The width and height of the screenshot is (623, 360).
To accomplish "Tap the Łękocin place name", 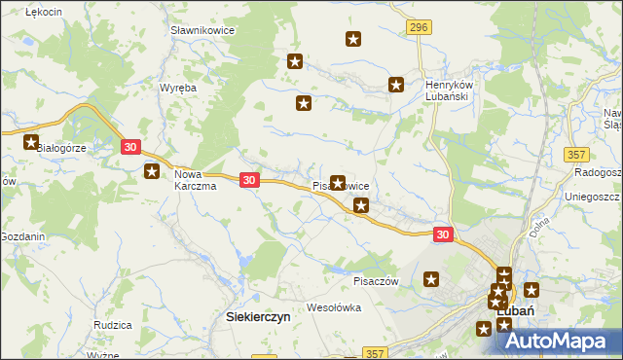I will pos(43,11).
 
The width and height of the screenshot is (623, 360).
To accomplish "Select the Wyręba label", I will pos(178,88).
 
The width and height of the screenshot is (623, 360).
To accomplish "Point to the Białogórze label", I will pos(61,149).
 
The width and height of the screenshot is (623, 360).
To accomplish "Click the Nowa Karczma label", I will pos(195,181).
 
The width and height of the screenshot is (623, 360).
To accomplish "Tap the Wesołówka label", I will pos(334,307).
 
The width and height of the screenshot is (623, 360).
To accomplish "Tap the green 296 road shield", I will pos(419,28).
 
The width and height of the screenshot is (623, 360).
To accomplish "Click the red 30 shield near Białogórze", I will pos(132,147).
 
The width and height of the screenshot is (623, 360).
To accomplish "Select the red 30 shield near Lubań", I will pos(443,234).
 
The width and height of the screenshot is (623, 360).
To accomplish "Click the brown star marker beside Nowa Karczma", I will pos(152,172).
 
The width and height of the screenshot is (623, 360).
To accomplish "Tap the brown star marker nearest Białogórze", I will pos(32,143).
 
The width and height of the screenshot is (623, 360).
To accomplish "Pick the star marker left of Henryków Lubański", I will pos(396,85).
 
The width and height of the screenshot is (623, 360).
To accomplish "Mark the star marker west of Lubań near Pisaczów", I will pos(432,280).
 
